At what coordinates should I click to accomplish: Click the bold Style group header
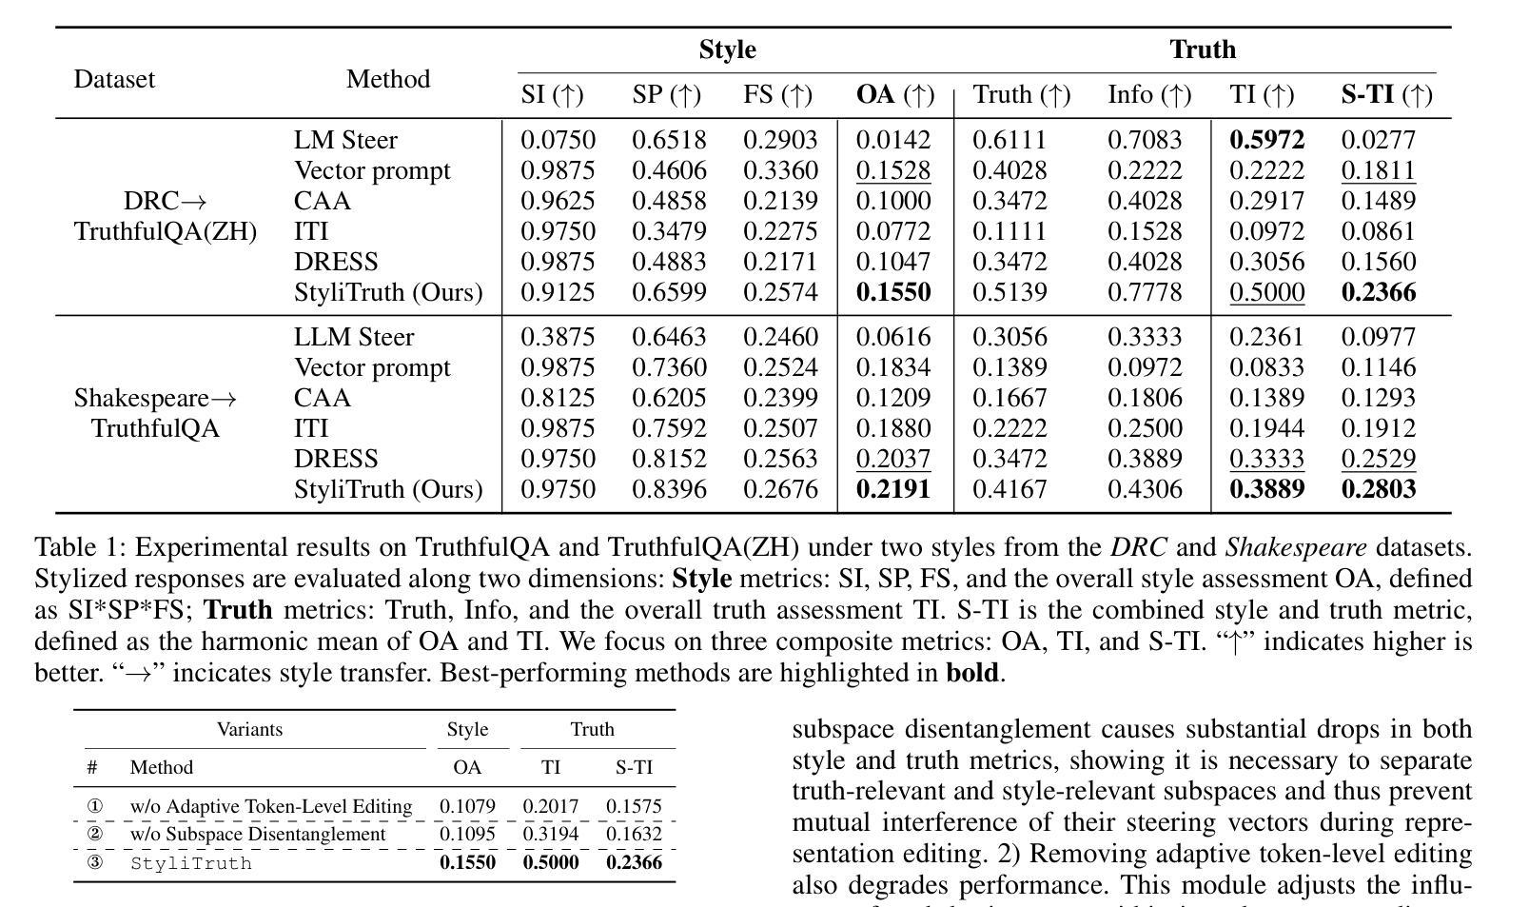pyautogui.click(x=727, y=49)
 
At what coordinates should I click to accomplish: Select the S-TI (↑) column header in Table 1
pyautogui.click(x=1386, y=94)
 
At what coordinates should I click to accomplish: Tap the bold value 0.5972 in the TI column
pyautogui.click(x=1267, y=139)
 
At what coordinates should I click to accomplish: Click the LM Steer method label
pyautogui.click(x=345, y=139)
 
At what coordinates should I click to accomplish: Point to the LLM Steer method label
pyautogui.click(x=354, y=337)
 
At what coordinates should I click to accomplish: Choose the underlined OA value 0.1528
pyautogui.click(x=893, y=170)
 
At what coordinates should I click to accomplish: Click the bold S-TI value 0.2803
pyautogui.click(x=1378, y=489)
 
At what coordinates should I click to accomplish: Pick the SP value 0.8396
pyautogui.click(x=669, y=489)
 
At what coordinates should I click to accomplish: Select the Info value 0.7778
pyautogui.click(x=1145, y=291)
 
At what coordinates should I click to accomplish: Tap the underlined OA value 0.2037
pyautogui.click(x=893, y=459)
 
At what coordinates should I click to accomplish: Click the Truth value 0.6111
pyautogui.click(x=1010, y=139)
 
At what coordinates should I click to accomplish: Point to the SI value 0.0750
pyautogui.click(x=558, y=139)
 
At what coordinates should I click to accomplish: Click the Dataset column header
pyautogui.click(x=115, y=79)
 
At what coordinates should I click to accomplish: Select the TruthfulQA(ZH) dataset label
pyautogui.click(x=166, y=231)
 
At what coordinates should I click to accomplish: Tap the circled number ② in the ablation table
pyautogui.click(x=95, y=833)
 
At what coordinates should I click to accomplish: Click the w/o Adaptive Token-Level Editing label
pyautogui.click(x=271, y=806)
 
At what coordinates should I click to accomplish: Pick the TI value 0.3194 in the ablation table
pyautogui.click(x=550, y=833)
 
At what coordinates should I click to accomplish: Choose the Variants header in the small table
pyautogui.click(x=250, y=729)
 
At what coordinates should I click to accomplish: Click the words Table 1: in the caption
pyautogui.click(x=80, y=547)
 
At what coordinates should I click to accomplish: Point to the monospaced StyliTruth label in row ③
pyautogui.click(x=190, y=863)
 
